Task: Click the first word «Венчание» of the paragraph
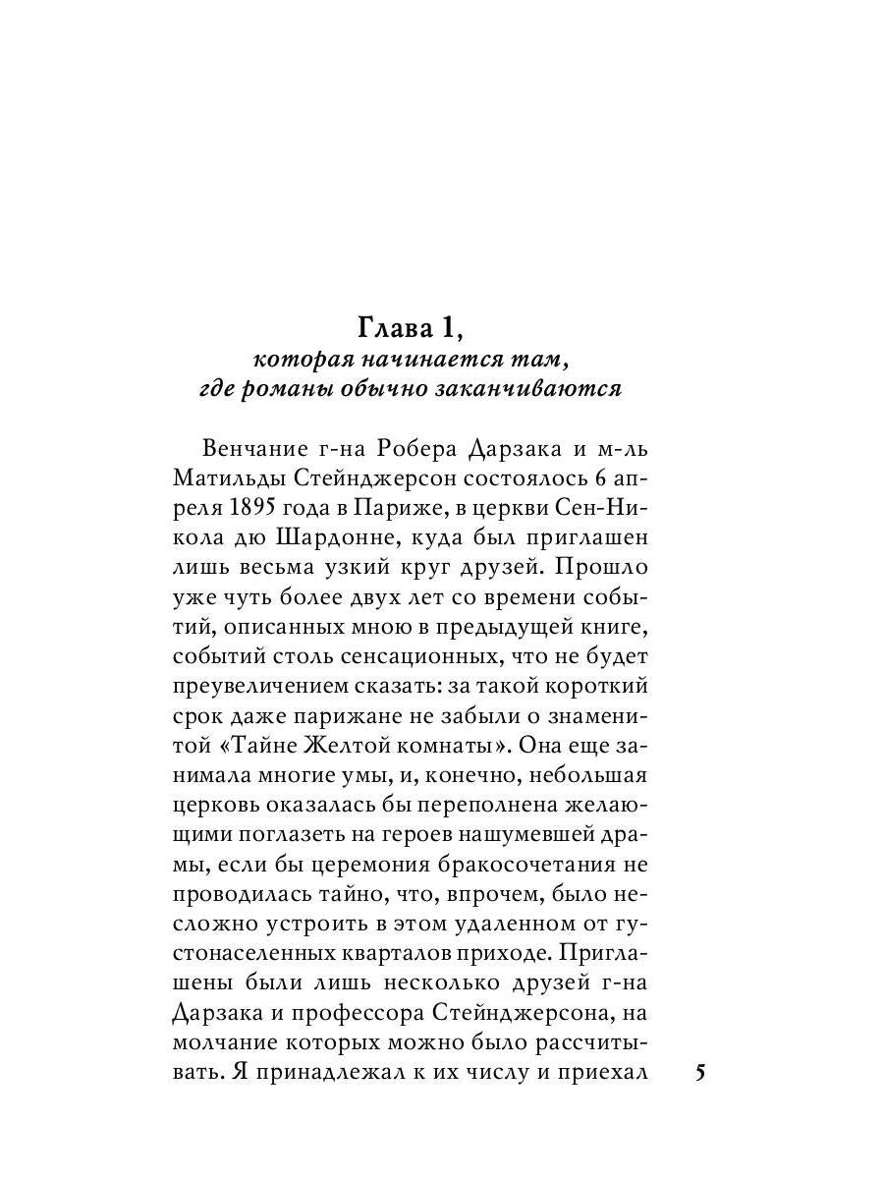(x=253, y=449)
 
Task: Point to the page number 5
(x=700, y=1072)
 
